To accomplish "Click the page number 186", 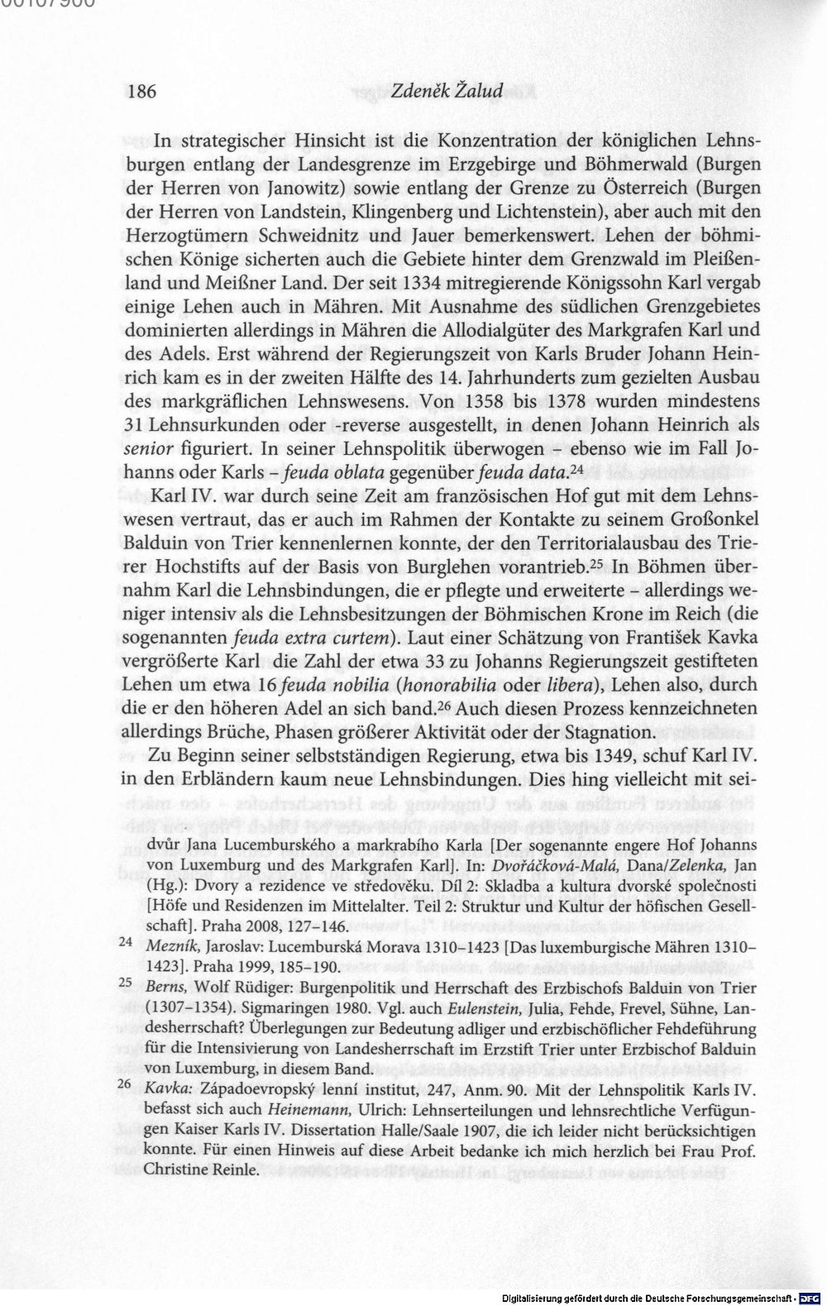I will click(x=141, y=91).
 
